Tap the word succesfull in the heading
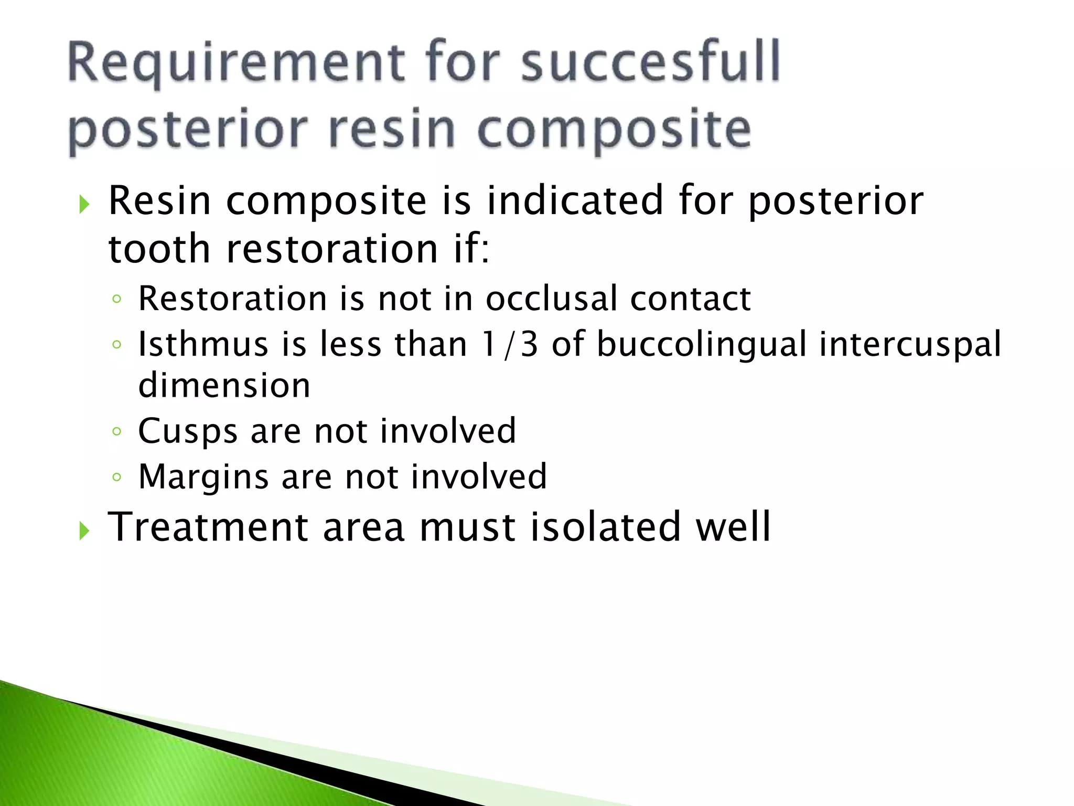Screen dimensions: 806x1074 click(650, 62)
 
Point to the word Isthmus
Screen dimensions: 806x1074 click(201, 345)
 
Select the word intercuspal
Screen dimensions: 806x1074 click(910, 345)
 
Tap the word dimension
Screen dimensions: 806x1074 click(224, 385)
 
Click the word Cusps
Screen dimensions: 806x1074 click(188, 431)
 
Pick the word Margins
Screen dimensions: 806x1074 click(203, 477)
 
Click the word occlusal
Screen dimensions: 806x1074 click(551, 299)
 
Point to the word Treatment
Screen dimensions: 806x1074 click(208, 527)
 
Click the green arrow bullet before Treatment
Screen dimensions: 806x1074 click(84, 531)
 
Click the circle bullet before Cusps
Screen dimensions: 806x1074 click(117, 431)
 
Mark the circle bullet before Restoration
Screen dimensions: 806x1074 click(117, 299)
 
